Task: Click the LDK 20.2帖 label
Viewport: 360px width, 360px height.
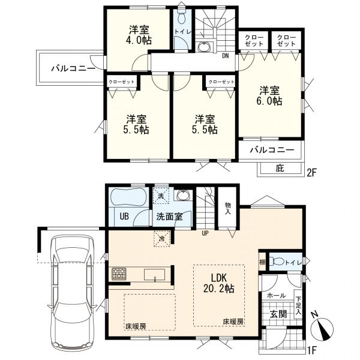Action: pos(219,283)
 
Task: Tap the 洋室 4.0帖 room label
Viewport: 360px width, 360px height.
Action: pos(139,35)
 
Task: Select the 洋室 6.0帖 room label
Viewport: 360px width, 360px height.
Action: pos(269,95)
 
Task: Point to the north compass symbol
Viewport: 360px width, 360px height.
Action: pos(322,326)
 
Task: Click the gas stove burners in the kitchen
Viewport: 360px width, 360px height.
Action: pos(119,274)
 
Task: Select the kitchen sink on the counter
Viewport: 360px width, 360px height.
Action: pos(155,275)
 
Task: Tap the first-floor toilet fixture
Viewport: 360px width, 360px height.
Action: pos(275,262)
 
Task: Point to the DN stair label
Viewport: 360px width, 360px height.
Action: pos(226,56)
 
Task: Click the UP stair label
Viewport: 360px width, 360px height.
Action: pos(205,233)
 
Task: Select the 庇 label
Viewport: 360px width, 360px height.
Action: pos(280,168)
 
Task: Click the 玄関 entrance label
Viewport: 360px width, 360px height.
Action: pos(278,314)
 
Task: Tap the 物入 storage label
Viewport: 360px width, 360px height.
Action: pos(227,208)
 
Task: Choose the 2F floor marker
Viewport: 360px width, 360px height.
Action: pos(312,173)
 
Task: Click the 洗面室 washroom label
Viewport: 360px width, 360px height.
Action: pos(169,217)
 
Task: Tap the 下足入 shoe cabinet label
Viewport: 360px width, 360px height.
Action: pos(298,306)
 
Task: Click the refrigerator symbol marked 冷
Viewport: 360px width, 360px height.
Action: pos(162,239)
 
